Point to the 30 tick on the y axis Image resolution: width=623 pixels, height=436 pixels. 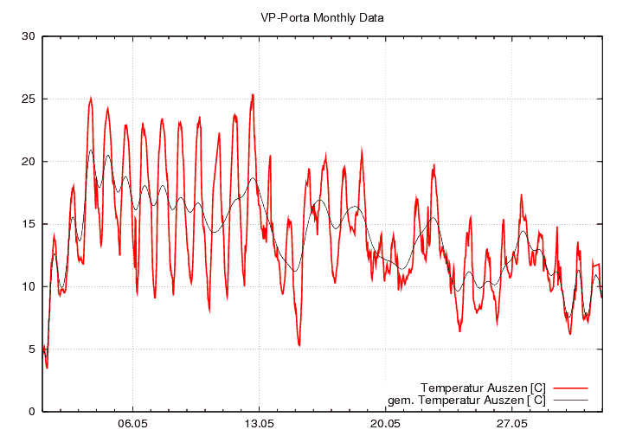click(28, 36)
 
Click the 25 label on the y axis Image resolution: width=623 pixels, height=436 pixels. click(28, 99)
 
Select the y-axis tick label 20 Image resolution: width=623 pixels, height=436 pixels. click(28, 162)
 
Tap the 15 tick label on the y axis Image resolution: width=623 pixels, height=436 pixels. click(28, 224)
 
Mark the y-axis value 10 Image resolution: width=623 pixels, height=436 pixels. click(28, 286)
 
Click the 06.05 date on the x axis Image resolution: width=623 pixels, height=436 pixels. click(132, 425)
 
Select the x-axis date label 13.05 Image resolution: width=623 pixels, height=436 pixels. click(259, 425)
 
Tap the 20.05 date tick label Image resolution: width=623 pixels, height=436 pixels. click(385, 425)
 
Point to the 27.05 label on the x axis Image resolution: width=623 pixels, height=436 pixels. click(511, 425)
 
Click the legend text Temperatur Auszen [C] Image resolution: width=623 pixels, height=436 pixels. click(483, 387)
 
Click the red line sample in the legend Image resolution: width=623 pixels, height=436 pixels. click(569, 387)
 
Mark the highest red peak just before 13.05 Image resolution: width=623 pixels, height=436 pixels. click(253, 95)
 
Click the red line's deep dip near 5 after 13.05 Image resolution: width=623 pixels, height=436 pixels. click(299, 345)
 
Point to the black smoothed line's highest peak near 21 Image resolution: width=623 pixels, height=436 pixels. click(91, 151)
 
